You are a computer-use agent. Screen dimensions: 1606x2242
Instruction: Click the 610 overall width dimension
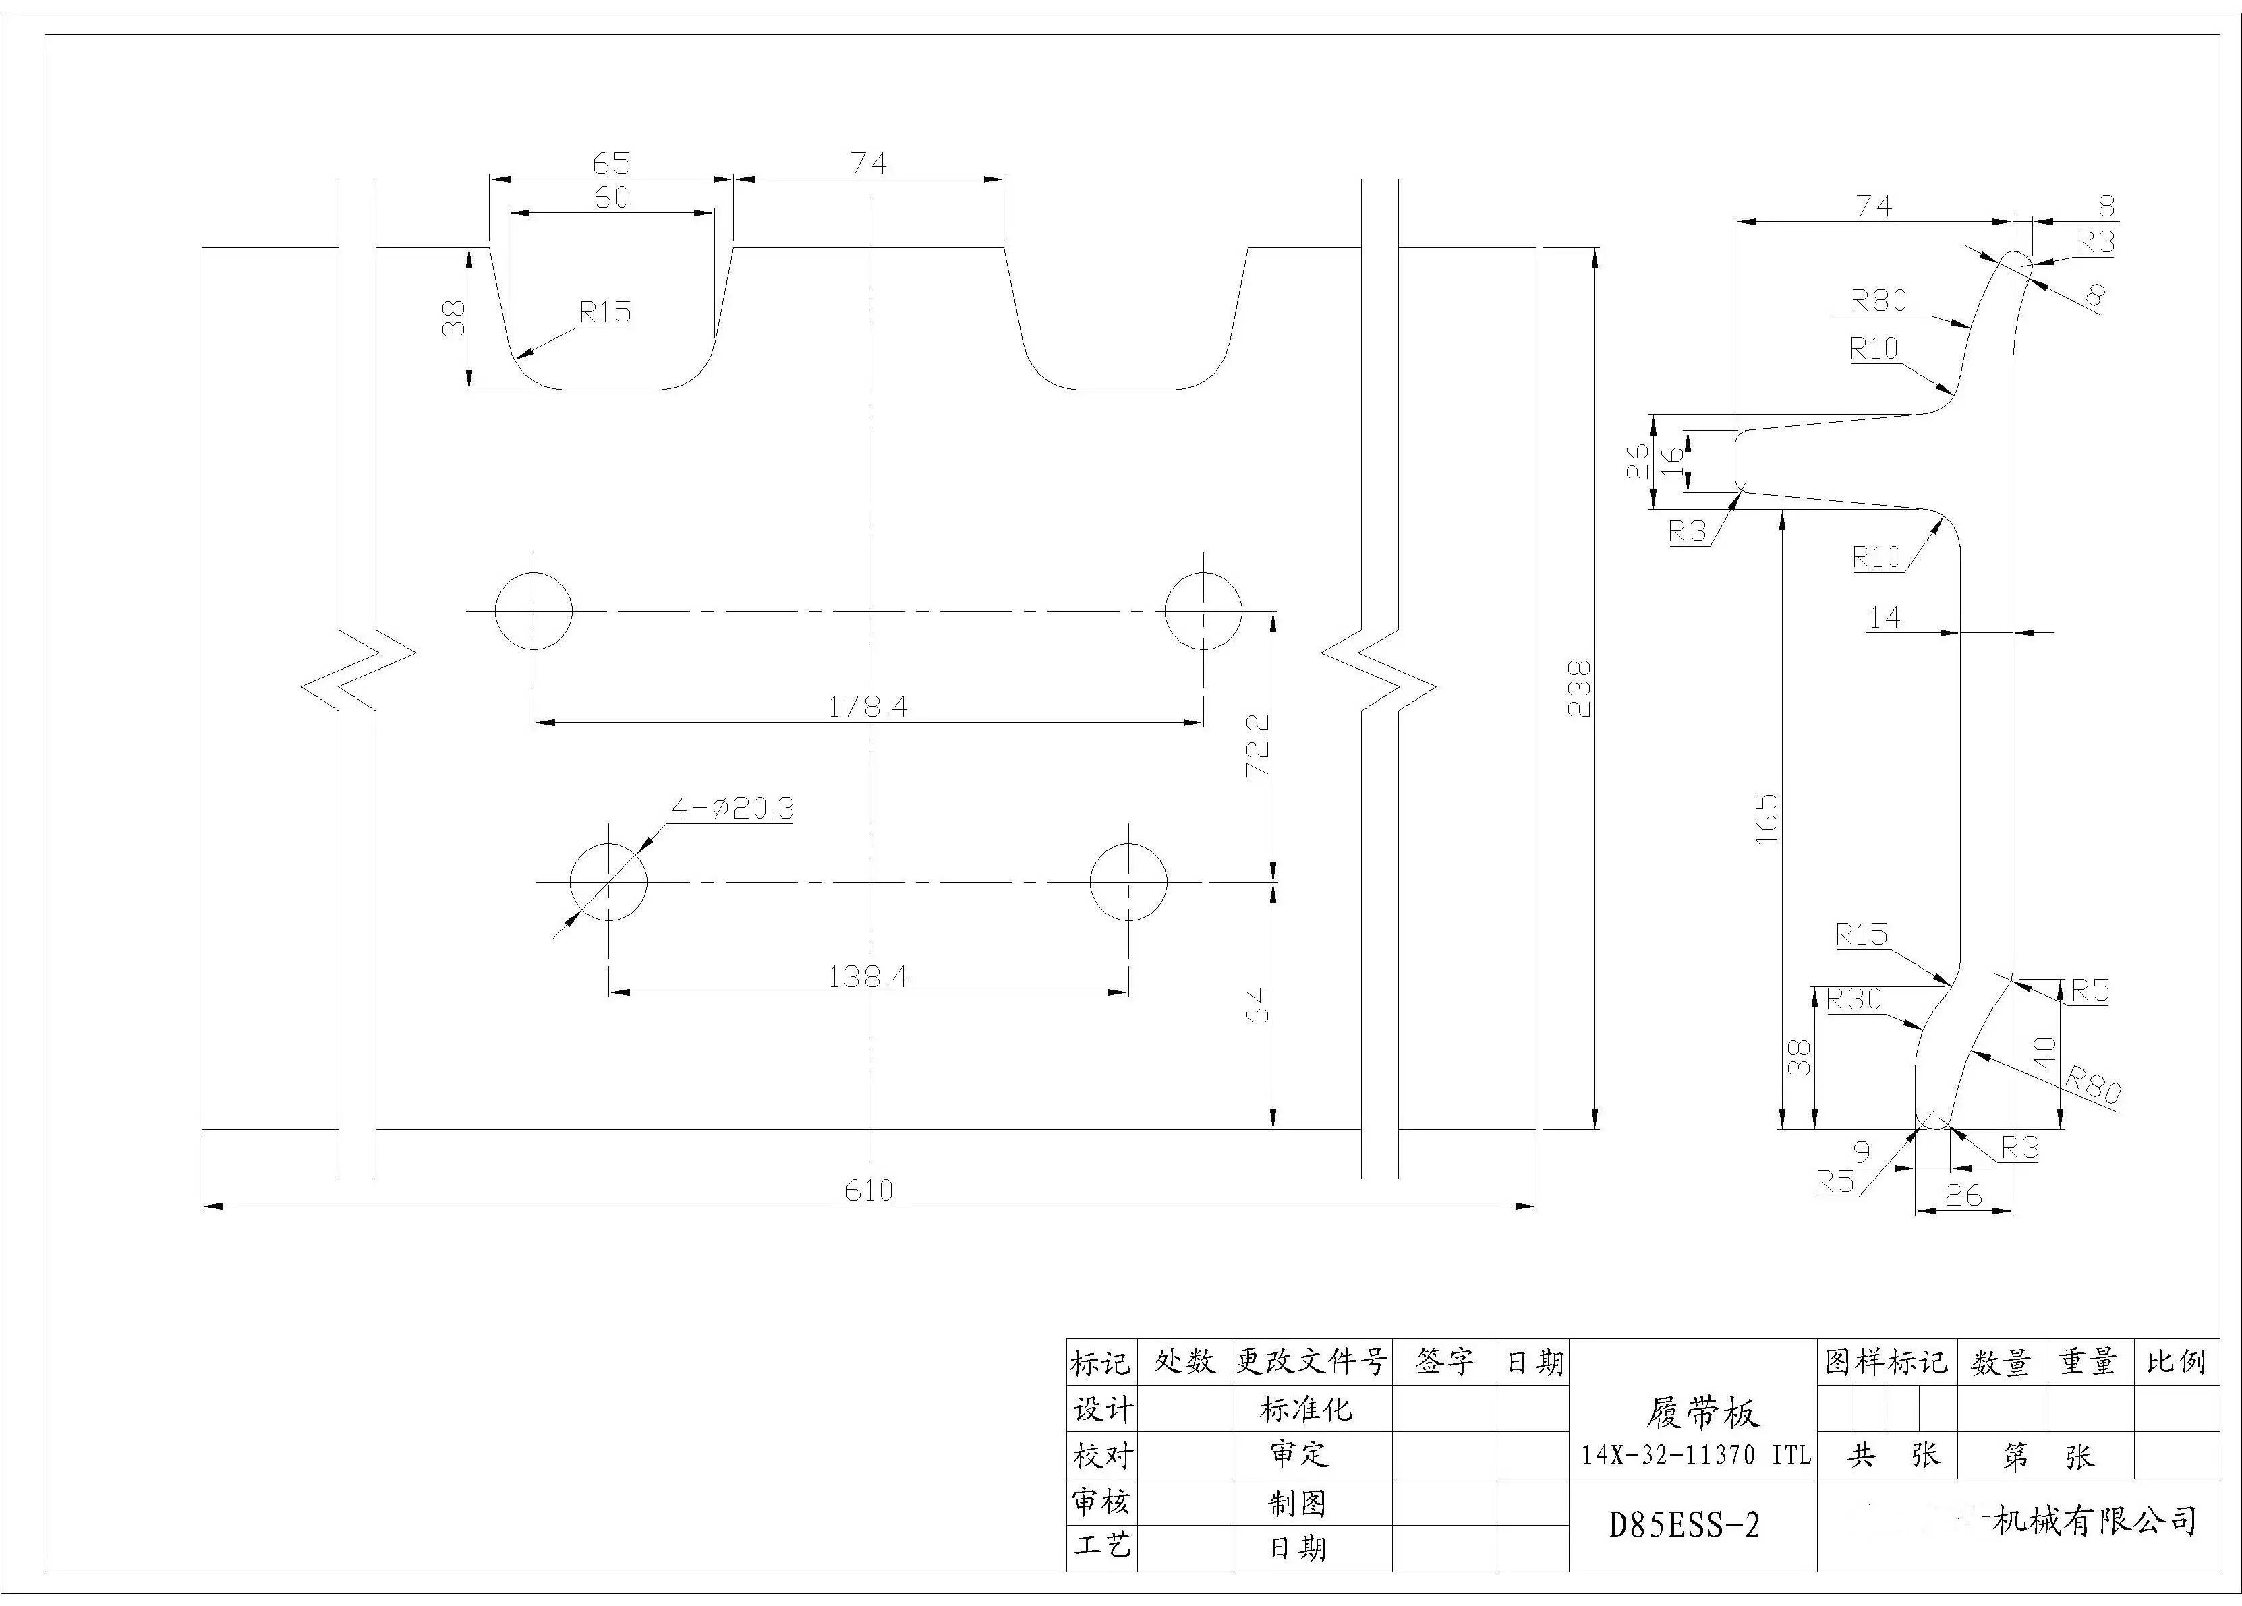868,1190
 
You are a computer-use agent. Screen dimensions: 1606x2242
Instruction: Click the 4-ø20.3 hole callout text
732,808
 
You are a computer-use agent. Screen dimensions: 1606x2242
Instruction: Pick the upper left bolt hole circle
534,612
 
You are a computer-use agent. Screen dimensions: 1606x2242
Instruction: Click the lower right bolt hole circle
1128,882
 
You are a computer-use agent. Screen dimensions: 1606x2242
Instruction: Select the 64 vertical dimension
1259,1006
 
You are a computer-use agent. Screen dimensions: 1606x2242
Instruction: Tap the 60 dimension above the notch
611,198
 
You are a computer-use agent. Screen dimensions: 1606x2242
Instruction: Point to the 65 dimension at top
611,163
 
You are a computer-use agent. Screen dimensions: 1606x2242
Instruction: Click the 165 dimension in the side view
1766,819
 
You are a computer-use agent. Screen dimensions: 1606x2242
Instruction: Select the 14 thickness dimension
1883,618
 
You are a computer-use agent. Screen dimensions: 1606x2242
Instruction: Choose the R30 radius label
1853,999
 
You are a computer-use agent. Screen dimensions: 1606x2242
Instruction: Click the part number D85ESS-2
1684,1525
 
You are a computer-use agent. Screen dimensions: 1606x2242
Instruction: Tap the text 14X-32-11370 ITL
1696,1455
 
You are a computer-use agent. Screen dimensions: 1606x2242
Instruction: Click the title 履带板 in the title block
1702,1413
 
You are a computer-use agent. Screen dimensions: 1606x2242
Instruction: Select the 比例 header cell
2176,1363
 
